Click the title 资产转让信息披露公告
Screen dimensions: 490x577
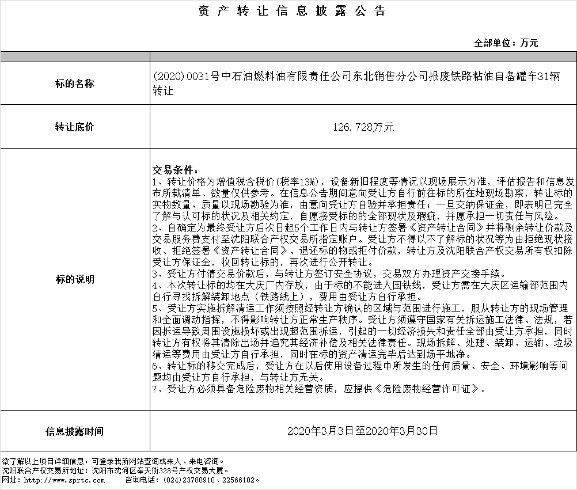(291, 12)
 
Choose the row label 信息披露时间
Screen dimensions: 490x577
(75, 431)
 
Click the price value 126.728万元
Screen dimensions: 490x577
(363, 127)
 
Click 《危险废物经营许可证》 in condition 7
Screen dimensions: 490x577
(427, 389)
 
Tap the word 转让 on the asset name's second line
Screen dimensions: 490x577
(162, 91)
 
